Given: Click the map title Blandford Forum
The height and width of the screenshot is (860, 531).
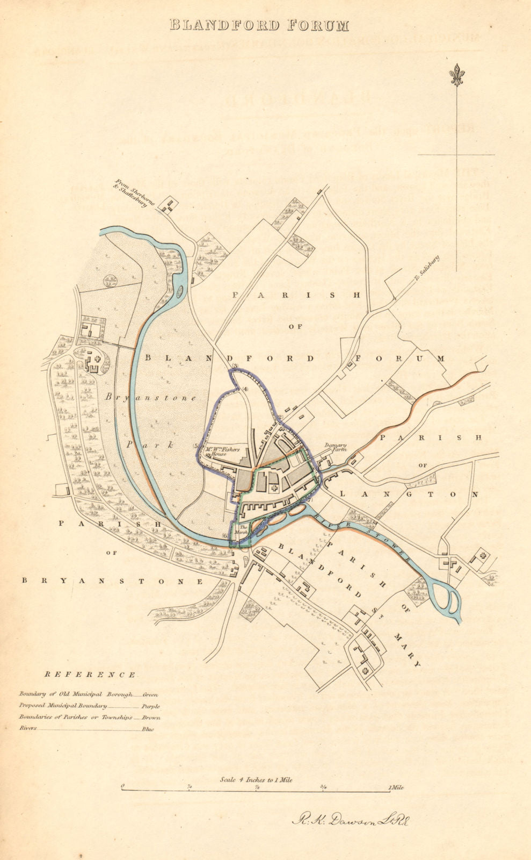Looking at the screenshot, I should click(259, 25).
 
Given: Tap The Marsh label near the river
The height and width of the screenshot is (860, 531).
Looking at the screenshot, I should click(243, 528).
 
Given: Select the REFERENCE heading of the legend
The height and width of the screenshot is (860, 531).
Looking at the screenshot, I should click(90, 675).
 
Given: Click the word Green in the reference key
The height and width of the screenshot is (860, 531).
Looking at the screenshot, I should click(150, 695).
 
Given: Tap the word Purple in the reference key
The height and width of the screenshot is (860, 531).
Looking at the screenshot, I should click(150, 706).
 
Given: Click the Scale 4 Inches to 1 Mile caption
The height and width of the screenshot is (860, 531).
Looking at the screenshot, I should click(256, 779).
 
